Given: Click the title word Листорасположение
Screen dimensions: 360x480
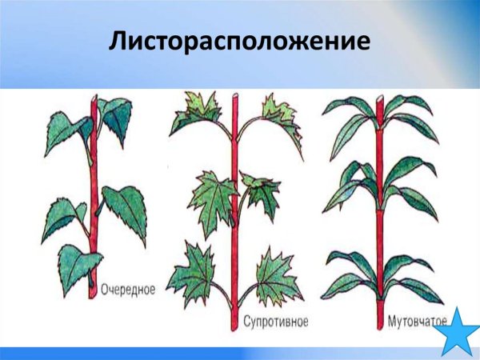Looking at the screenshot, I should coord(240,41).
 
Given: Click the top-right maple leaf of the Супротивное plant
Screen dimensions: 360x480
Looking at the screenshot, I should coord(278,112).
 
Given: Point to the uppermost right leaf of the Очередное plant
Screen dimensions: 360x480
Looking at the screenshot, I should coord(114,116).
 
